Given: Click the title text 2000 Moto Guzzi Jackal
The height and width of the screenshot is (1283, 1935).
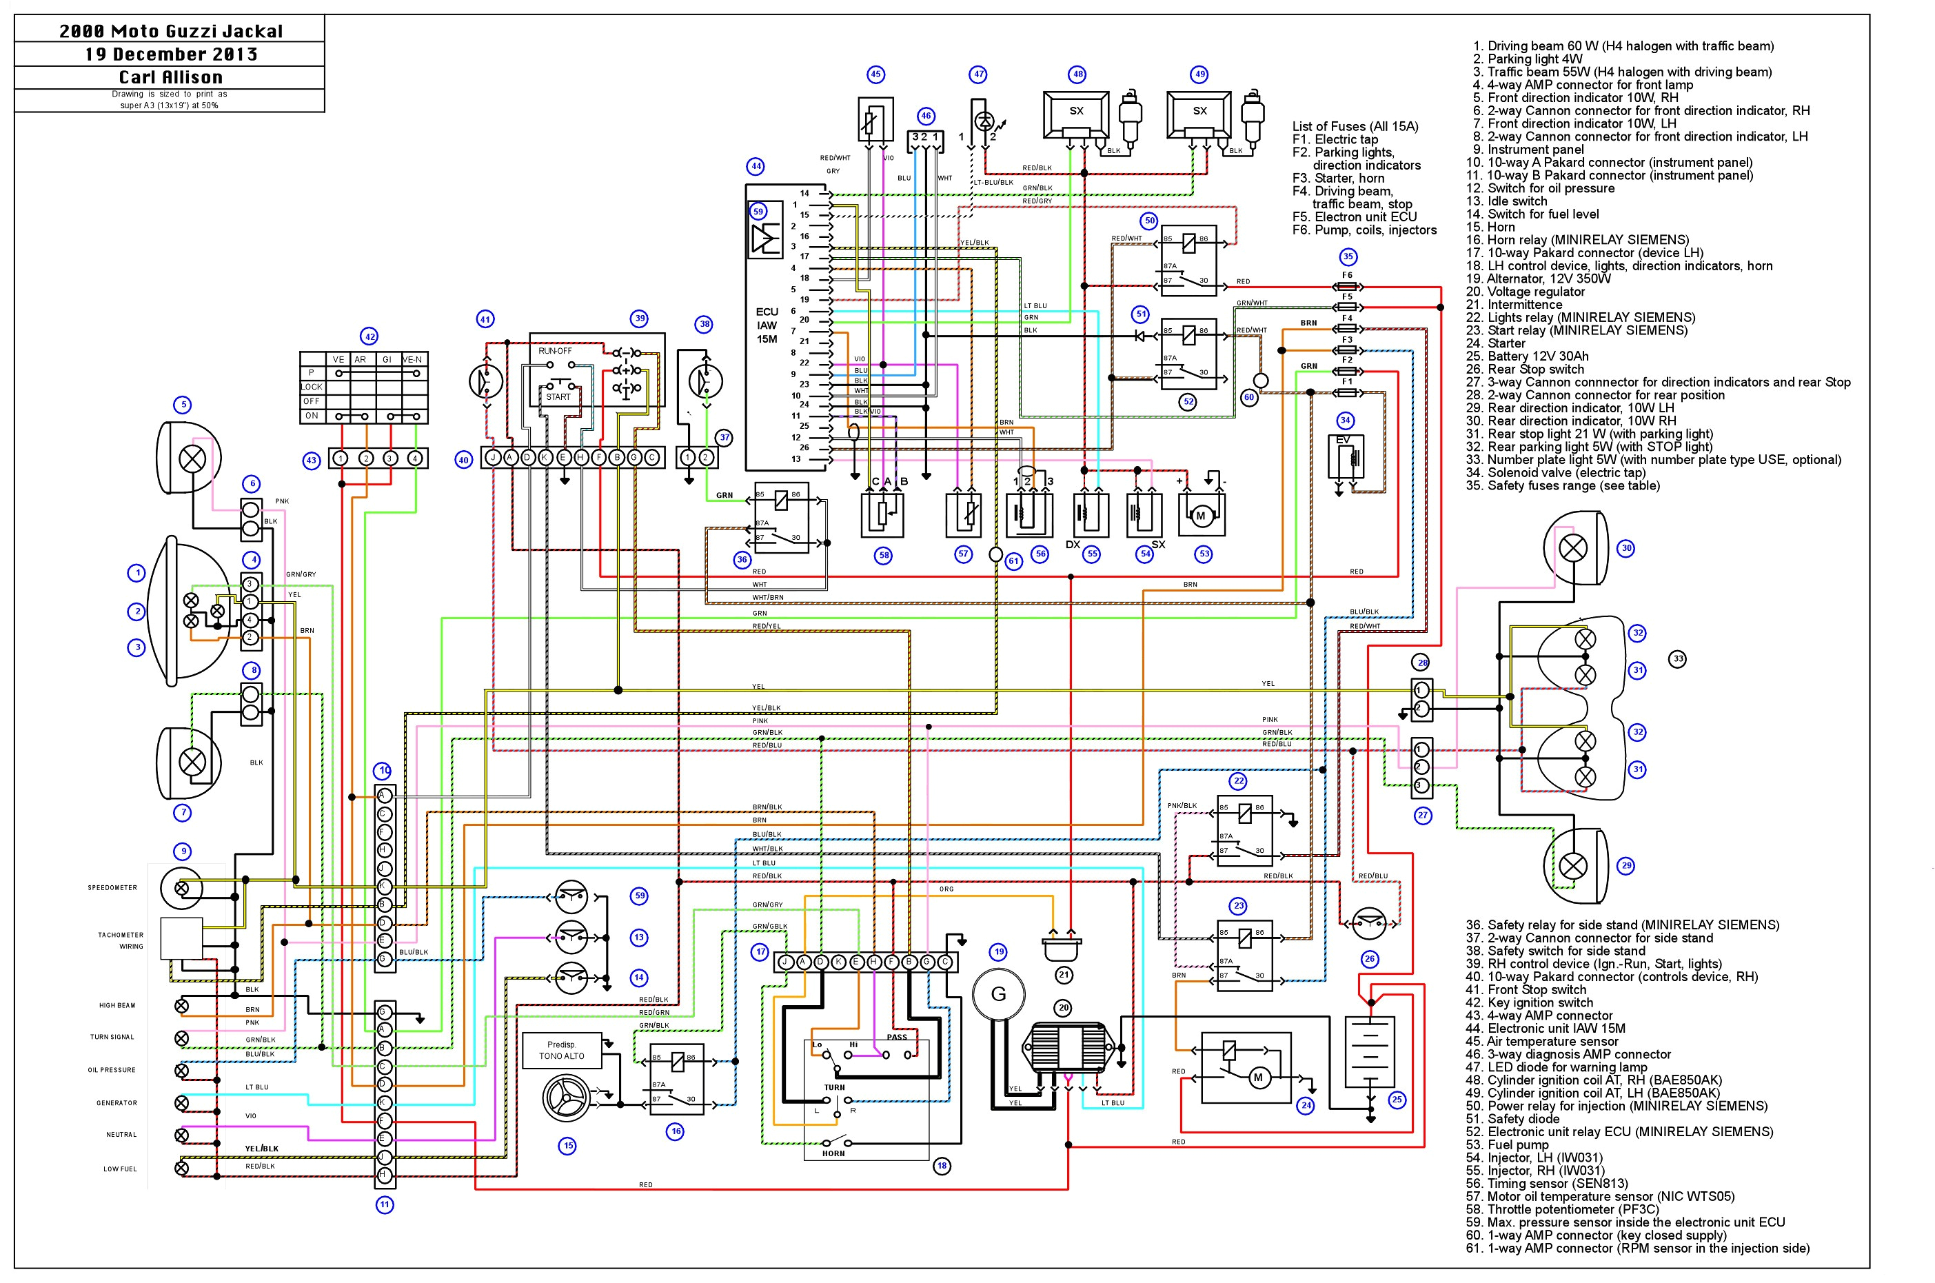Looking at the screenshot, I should (x=170, y=31).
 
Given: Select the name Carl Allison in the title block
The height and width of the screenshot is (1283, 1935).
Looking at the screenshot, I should (x=170, y=77).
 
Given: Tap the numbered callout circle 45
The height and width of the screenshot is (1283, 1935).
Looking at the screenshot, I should (x=875, y=74).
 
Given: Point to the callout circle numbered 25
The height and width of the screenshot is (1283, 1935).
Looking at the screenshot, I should (x=1397, y=1099).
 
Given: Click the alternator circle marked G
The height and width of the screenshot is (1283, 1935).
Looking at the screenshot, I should (x=998, y=994).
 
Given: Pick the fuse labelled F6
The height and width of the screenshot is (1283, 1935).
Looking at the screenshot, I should (x=1347, y=286).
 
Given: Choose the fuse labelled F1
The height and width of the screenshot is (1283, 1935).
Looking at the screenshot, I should (x=1347, y=393).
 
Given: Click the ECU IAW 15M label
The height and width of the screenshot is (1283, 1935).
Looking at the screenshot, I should (x=767, y=325).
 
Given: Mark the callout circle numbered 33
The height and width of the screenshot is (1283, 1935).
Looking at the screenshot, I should (x=1677, y=658).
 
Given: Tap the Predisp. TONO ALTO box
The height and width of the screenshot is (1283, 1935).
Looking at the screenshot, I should (x=562, y=1051).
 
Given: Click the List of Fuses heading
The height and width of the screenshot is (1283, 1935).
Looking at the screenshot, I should (x=1355, y=126).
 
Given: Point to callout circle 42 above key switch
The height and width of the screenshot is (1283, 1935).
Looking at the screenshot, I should (x=369, y=336).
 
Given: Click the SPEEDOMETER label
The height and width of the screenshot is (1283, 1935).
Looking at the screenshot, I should (x=113, y=888).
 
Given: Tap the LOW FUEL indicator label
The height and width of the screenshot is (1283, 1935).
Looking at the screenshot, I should (x=119, y=1169).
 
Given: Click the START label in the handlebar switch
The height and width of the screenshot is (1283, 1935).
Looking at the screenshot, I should (x=558, y=397).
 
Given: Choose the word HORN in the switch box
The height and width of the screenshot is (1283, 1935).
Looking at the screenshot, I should (x=833, y=1153).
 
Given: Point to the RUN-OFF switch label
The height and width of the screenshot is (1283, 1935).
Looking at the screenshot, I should (x=555, y=351).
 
